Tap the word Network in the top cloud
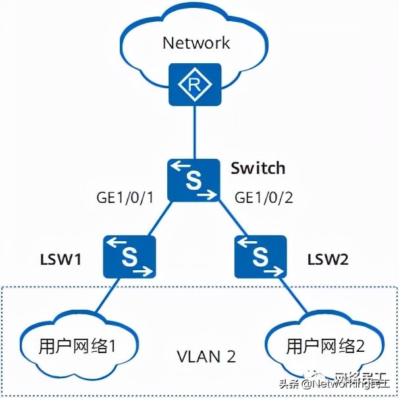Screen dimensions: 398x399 (196, 43)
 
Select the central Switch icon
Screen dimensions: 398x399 (194, 179)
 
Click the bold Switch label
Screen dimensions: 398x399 (258, 168)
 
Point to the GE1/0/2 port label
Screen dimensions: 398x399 (263, 198)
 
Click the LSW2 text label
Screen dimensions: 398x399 (327, 259)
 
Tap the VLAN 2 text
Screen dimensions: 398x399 (206, 356)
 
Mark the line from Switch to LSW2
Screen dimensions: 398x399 (230, 221)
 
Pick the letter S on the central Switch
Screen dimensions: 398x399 (193, 180)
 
